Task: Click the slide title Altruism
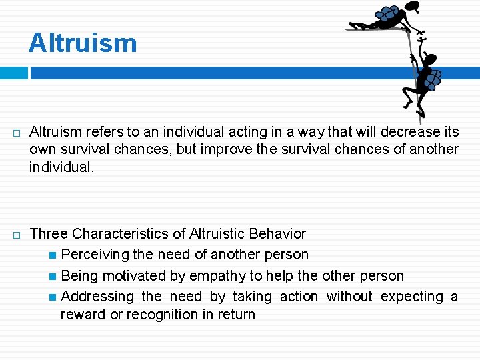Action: click(x=83, y=43)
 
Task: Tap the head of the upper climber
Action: click(x=413, y=7)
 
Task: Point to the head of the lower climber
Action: click(x=430, y=60)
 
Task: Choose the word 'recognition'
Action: click(x=160, y=315)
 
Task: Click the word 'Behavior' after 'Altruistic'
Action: click(x=277, y=234)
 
